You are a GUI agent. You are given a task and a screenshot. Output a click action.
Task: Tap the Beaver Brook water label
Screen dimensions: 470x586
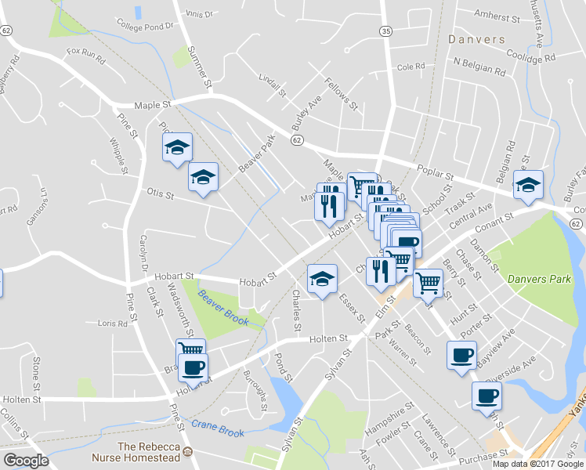point(223,309)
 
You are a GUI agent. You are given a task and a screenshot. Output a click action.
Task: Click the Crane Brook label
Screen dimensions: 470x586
point(219,428)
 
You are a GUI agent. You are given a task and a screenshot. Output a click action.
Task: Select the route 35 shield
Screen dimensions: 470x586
point(385,31)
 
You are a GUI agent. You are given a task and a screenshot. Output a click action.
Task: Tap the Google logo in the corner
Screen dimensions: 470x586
point(26,461)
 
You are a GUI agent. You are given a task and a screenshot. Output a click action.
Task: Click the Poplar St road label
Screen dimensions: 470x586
point(447,177)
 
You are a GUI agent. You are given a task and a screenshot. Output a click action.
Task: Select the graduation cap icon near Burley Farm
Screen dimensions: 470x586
point(527,186)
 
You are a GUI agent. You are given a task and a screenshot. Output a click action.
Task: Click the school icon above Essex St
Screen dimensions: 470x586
point(321,279)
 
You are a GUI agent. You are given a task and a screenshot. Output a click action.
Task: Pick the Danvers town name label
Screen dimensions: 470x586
point(476,38)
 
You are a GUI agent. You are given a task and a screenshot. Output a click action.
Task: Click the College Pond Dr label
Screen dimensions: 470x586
point(145,26)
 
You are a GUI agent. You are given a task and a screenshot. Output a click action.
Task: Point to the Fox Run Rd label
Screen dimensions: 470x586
point(85,52)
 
